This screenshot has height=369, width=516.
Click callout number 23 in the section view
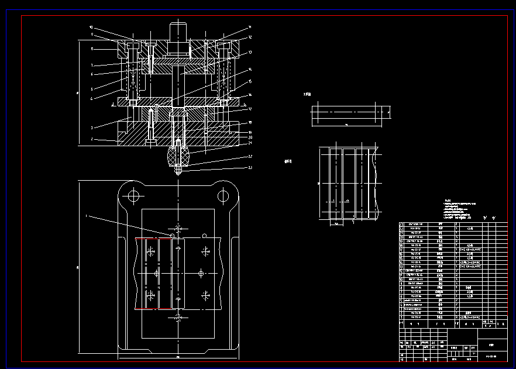(x=250, y=168)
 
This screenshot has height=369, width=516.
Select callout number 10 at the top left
(x=91, y=27)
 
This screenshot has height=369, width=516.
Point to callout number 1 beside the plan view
(x=87, y=216)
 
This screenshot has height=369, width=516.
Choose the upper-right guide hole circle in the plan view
(x=223, y=195)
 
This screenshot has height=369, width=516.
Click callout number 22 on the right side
(x=250, y=156)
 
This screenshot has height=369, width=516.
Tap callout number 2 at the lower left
(x=91, y=139)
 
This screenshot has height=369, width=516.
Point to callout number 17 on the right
(x=250, y=109)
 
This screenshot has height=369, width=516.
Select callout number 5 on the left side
(x=91, y=88)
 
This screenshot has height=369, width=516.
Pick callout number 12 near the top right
(x=250, y=37)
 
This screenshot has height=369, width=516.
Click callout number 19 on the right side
(x=250, y=132)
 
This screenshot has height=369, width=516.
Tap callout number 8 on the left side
(x=91, y=49)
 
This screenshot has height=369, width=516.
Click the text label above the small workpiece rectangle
(x=307, y=94)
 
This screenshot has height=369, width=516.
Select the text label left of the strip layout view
(x=287, y=161)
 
